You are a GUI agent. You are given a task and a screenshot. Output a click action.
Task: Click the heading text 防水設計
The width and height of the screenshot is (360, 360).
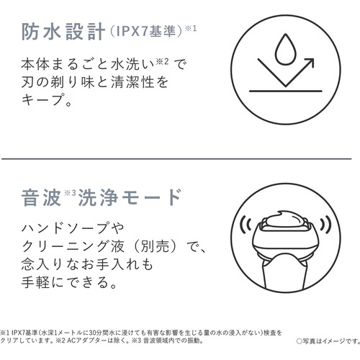(63, 32)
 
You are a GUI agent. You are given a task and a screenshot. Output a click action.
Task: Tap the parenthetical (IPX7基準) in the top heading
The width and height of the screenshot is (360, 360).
(146, 32)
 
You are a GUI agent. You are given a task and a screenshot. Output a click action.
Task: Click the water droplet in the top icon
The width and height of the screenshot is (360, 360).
(285, 50)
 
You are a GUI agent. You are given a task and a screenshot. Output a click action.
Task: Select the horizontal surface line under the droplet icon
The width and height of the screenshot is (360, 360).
(285, 91)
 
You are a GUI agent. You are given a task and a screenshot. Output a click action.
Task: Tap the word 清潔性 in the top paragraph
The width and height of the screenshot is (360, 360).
(132, 82)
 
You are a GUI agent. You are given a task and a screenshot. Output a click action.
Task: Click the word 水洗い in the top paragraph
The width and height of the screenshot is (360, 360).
(132, 64)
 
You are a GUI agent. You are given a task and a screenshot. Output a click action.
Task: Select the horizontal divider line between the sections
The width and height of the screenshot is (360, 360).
(176, 158)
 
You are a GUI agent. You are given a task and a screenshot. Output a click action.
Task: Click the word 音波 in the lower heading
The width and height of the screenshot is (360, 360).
(41, 197)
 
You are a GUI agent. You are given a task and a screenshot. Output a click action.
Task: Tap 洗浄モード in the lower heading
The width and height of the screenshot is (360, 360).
(130, 197)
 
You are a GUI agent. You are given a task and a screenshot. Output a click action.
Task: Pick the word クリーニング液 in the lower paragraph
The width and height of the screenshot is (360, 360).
(73, 246)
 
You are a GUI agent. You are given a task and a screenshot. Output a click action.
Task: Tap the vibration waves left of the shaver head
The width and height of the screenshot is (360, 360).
(246, 225)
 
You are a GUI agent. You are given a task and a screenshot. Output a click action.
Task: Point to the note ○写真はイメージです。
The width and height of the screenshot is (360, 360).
(328, 341)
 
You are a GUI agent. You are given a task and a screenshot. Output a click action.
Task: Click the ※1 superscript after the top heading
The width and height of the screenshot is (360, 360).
(191, 29)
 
